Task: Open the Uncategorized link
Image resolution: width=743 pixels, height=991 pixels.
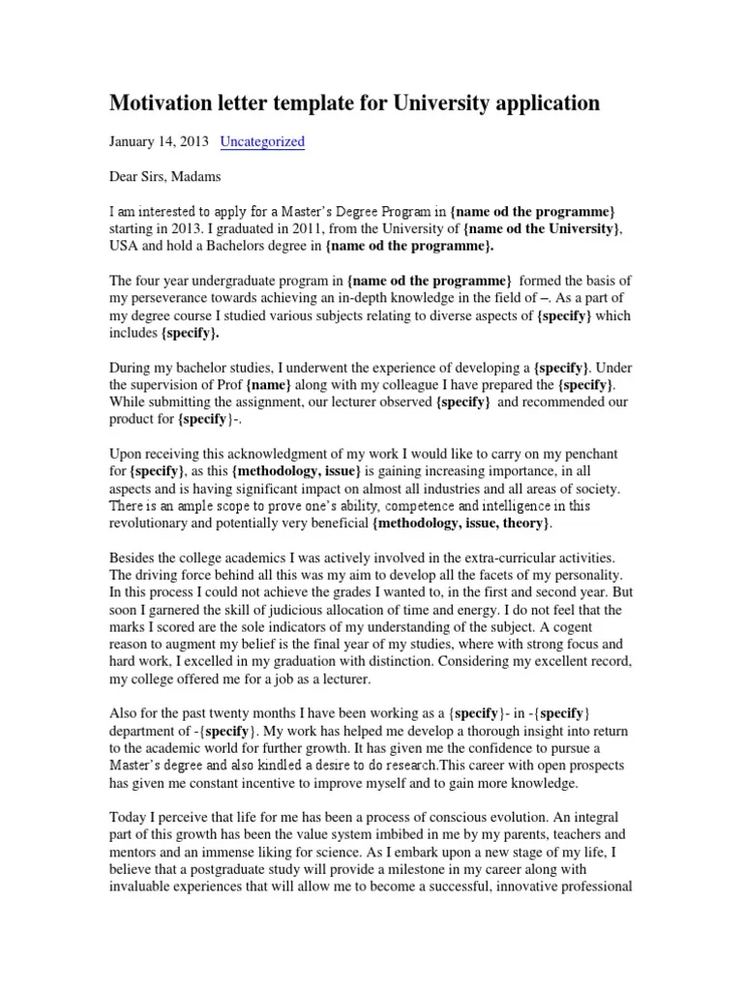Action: pos(262,141)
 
